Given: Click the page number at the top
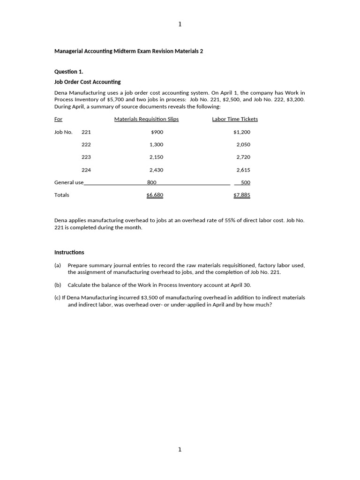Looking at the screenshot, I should click(x=180, y=24).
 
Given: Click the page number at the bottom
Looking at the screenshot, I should click(x=180, y=450).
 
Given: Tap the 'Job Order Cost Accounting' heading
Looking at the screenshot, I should click(x=87, y=82).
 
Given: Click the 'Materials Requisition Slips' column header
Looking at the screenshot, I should click(x=146, y=119).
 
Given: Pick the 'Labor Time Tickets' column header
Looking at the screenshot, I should click(x=235, y=119).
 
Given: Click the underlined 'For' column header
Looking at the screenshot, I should click(x=58, y=119).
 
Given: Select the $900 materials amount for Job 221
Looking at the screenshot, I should click(x=157, y=132).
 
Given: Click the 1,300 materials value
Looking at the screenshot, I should click(x=156, y=145).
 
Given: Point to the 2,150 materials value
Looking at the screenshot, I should click(x=156, y=157).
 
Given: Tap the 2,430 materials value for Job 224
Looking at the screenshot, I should click(x=156, y=170).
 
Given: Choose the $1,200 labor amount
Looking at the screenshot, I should click(x=242, y=132).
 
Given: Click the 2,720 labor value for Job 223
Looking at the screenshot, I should click(x=243, y=157).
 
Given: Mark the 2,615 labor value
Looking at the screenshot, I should click(x=243, y=170).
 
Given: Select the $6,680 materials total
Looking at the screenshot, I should click(x=155, y=195).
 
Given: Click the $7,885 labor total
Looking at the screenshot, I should click(x=242, y=195).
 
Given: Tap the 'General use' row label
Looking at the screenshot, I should click(x=69, y=182).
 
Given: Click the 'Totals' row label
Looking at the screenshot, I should click(x=61, y=195).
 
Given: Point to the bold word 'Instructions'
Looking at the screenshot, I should click(x=69, y=252).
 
